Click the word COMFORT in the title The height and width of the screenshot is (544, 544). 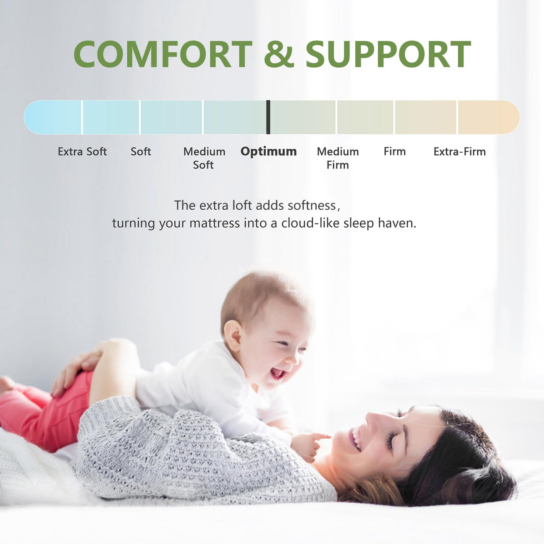[x=163, y=55]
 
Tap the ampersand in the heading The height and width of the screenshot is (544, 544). [x=278, y=55]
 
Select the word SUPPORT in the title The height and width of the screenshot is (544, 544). [x=388, y=55]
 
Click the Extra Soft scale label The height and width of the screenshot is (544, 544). [x=82, y=151]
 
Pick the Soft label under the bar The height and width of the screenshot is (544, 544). [x=141, y=151]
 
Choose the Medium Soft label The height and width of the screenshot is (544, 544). [x=204, y=158]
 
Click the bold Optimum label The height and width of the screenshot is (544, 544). [x=268, y=151]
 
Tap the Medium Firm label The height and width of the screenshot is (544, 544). [x=338, y=158]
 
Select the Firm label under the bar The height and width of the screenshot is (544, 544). [x=394, y=151]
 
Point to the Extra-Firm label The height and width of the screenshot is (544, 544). [x=459, y=151]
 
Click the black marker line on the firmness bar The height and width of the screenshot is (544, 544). [x=268, y=117]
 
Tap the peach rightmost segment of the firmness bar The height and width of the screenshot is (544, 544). [x=488, y=117]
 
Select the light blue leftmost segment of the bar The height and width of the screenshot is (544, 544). [x=53, y=117]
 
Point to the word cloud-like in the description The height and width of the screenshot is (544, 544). [x=311, y=223]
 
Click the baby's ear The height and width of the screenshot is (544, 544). [x=233, y=335]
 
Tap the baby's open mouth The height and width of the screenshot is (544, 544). [x=277, y=373]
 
